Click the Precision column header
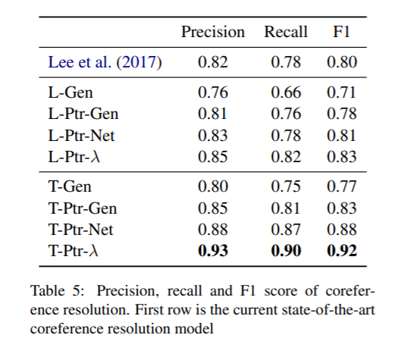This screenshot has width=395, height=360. [x=212, y=32]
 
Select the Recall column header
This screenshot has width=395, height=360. [x=286, y=32]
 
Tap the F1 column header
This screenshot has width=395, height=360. [x=342, y=32]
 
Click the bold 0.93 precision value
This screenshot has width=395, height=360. [x=212, y=251]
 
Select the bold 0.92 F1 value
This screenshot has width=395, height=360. [x=342, y=251]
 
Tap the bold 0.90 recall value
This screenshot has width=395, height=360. [x=286, y=251]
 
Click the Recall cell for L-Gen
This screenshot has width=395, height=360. [x=286, y=94]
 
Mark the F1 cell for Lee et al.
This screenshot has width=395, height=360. [x=342, y=63]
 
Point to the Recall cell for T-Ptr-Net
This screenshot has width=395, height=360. [x=286, y=230]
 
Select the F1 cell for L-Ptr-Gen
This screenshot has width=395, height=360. [x=342, y=114]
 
